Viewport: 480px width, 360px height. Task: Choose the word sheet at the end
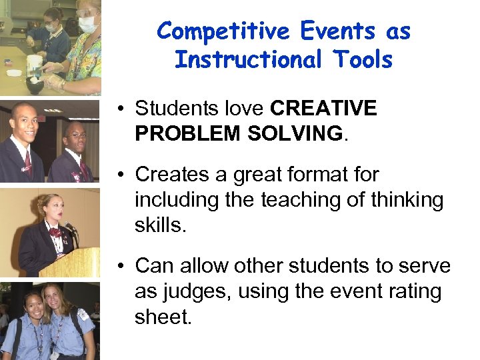coord(163,317)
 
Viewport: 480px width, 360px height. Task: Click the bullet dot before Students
coord(120,109)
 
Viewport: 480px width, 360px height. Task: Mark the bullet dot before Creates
coord(120,175)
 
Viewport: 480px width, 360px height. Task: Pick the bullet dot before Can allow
coord(120,267)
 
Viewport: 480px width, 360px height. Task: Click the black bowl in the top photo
coord(35,85)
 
